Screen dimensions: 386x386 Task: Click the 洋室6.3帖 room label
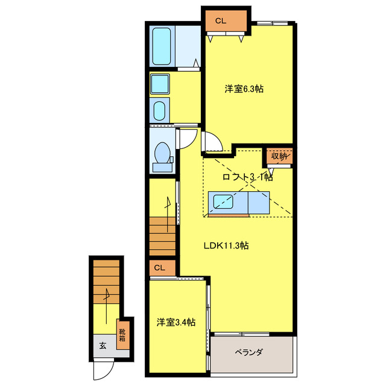pyautogui.click(x=244, y=89)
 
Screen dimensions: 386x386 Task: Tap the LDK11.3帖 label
pyautogui.click(x=227, y=245)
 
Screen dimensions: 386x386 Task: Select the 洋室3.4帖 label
pyautogui.click(x=176, y=323)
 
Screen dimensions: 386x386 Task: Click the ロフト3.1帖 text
pyautogui.click(x=247, y=177)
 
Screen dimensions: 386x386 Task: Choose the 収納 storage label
pyautogui.click(x=279, y=156)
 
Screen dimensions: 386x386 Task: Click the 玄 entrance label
pyautogui.click(x=103, y=346)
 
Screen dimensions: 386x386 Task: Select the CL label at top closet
pyautogui.click(x=221, y=21)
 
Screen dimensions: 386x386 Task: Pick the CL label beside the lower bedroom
pyautogui.click(x=159, y=267)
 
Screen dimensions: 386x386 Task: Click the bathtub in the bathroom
pyautogui.click(x=162, y=48)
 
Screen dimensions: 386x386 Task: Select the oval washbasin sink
pyautogui.click(x=160, y=110)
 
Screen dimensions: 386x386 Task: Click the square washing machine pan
pyautogui.click(x=160, y=84)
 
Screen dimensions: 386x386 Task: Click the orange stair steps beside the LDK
pyautogui.click(x=162, y=235)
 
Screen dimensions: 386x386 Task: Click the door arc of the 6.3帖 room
pyautogui.click(x=212, y=142)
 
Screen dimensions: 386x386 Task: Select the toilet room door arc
pyautogui.click(x=188, y=138)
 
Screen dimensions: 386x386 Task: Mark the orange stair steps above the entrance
pyautogui.click(x=107, y=280)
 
